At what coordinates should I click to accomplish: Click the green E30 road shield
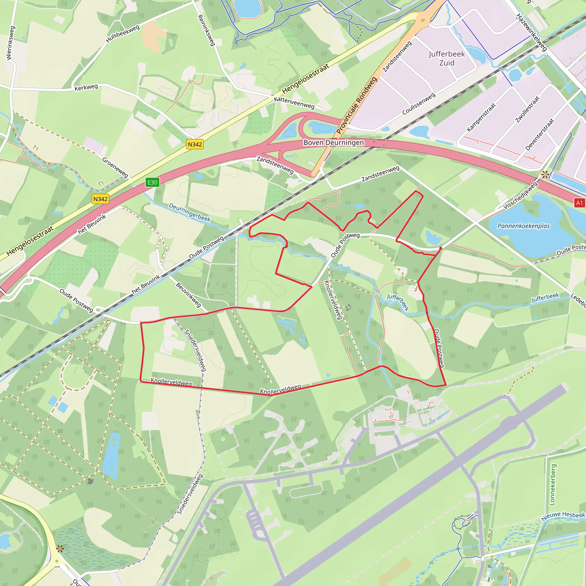point(152,182)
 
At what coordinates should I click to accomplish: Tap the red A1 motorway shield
point(579,203)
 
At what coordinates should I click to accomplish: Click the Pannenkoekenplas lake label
point(524,226)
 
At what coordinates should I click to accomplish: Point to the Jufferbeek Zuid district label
point(446,58)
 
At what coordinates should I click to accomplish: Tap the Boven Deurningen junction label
point(334,142)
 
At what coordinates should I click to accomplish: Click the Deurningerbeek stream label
point(190,212)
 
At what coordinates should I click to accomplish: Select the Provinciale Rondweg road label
point(357,105)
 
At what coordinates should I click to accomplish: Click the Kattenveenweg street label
point(294,103)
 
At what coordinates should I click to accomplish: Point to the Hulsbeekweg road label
point(122,34)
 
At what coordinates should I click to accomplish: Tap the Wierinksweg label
point(10,43)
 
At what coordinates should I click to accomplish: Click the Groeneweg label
point(115,167)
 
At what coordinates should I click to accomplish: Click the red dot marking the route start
point(440,248)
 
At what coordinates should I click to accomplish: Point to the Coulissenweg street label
point(419,104)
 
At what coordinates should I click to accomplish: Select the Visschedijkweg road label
point(520,196)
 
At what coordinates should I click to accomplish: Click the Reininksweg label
point(206,30)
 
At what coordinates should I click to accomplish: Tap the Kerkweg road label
point(86,87)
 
